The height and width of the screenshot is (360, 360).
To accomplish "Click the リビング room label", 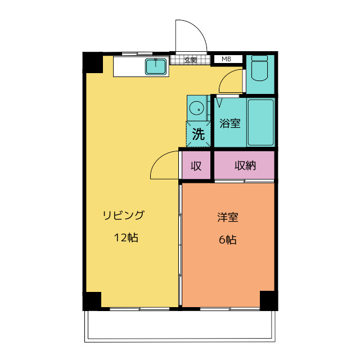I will [123, 215].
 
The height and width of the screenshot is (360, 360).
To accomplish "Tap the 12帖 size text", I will [126, 237].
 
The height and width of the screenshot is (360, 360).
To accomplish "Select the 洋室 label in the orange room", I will [227, 217].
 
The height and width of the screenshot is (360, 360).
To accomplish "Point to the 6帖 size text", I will [227, 240].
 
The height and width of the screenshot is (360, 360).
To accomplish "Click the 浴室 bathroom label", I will [229, 123].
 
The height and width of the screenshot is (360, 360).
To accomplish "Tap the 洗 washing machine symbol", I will [199, 134].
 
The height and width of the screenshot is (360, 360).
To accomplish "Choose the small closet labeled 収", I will [196, 166].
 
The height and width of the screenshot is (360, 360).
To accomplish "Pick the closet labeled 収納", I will [245, 166].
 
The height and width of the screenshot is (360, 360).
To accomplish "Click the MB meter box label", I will [226, 59].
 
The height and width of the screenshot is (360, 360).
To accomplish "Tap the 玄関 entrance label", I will [191, 60].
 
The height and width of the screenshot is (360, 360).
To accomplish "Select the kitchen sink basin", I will [156, 67].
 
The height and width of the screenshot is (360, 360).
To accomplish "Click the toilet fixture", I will [260, 70].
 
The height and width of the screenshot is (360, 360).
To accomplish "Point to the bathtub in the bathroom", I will [260, 122].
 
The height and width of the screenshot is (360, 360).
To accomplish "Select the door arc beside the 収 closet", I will [164, 164].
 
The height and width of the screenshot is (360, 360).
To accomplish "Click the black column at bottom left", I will [92, 300].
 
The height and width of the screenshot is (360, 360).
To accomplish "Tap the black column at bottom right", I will [268, 300].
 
